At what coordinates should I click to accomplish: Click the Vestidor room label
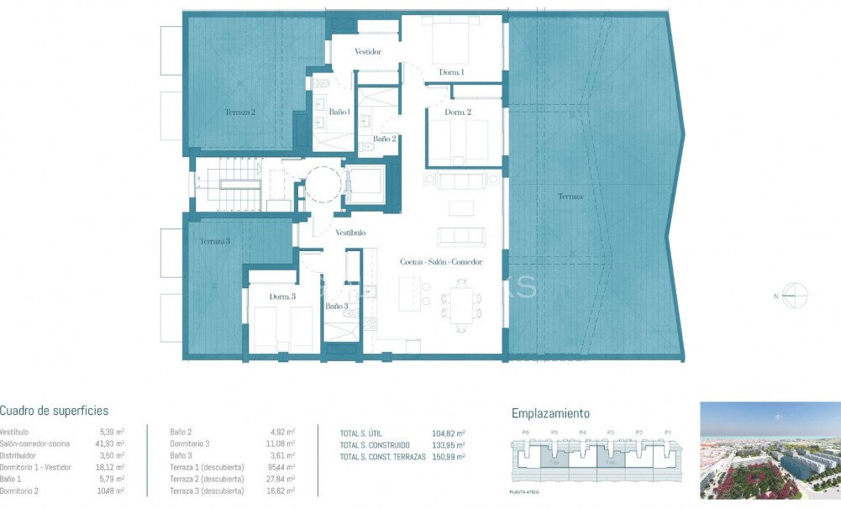368,52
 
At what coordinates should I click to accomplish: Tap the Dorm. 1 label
451,72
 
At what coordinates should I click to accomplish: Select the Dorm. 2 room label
458,113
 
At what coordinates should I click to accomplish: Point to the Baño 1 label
339,112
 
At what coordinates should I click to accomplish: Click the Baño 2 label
384,139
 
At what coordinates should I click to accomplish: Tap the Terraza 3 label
215,242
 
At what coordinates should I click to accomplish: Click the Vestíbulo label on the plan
350,233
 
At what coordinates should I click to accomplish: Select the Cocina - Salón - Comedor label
441,262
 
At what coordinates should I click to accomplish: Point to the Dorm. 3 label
282,297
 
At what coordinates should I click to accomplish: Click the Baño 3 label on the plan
337,307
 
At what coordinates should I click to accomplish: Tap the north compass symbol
795,296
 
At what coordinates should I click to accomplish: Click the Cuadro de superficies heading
54,411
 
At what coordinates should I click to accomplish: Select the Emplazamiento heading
550,413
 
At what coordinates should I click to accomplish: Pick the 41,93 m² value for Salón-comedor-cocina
110,443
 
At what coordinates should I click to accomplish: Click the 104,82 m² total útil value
449,433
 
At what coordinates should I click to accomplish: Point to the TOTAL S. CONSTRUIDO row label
375,444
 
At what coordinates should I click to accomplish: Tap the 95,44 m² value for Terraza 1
281,467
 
